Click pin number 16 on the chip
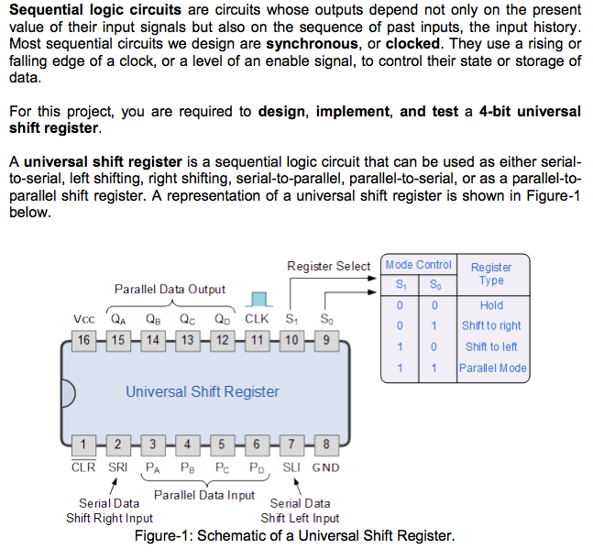coord(83,340)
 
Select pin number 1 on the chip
coord(83,447)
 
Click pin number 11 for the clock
coord(258,340)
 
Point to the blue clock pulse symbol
coord(262,300)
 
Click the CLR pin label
coord(83,467)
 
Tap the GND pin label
coord(325,467)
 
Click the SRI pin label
coord(118,467)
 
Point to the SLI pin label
coord(292,467)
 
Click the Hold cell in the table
coord(491,305)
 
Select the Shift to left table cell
coord(491,346)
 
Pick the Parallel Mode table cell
coord(493,368)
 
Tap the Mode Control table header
coord(419,265)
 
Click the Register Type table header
coord(491,273)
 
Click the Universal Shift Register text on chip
coord(203,391)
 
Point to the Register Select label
coord(328,266)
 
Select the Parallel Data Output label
coord(170,290)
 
